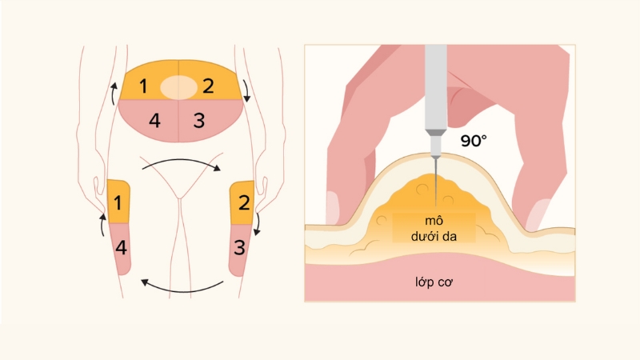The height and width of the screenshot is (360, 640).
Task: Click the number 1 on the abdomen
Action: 143,86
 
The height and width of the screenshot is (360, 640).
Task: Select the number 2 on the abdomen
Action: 208,86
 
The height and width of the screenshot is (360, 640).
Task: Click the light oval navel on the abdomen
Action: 177,86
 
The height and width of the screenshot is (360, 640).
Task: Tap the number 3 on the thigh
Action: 239,247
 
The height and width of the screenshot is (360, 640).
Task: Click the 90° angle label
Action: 474,142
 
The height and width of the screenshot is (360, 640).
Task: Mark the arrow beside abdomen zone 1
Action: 113,94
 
